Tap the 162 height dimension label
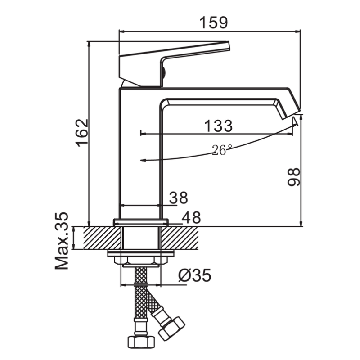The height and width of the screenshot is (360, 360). click(82, 133)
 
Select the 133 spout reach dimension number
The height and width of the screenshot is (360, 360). click(218, 126)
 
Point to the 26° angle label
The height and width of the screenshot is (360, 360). click(222, 150)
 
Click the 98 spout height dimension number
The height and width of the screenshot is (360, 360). click(294, 176)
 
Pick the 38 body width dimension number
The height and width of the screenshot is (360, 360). click(179, 198)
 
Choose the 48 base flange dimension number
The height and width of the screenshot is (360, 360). click(192, 217)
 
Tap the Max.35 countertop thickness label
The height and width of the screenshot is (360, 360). click(62, 241)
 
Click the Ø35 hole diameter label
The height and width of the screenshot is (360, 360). click(195, 275)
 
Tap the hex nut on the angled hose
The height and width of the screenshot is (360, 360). click(172, 329)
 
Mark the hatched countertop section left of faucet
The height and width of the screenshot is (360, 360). click(102, 238)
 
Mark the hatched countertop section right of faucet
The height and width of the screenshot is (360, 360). click(179, 238)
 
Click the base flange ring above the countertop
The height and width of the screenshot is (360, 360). click(141, 222)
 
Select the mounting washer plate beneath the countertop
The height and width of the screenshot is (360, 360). click(141, 253)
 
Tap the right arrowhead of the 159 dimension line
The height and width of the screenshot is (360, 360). click(297, 31)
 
